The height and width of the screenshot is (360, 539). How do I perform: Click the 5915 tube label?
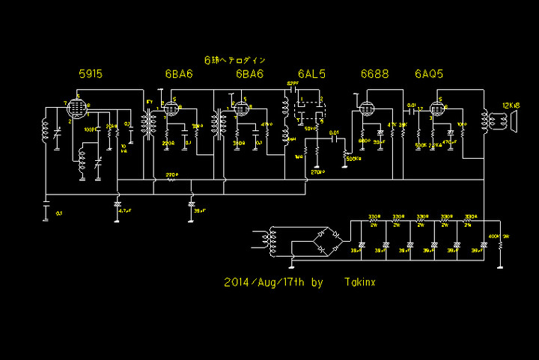click(91, 74)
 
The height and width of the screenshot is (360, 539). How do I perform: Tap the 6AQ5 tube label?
click(427, 74)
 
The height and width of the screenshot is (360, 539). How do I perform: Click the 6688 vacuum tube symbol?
click(366, 109)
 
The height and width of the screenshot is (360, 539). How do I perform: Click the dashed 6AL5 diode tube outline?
click(311, 108)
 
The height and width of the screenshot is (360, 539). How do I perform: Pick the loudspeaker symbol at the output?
click(514, 120)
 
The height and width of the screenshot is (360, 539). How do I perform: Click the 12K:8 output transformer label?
click(511, 104)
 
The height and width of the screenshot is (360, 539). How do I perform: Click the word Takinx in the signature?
click(362, 283)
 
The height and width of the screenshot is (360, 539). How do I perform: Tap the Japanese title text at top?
click(235, 59)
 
